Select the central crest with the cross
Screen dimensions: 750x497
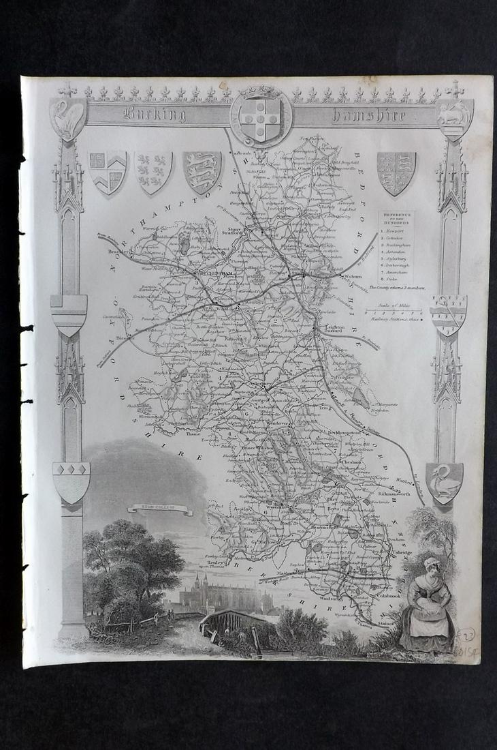click(261, 117)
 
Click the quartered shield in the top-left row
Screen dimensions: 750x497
click(108, 170)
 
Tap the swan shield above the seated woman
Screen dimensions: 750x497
click(444, 481)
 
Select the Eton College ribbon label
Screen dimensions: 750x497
click(159, 508)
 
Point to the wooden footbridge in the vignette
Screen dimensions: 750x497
click(230, 621)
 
